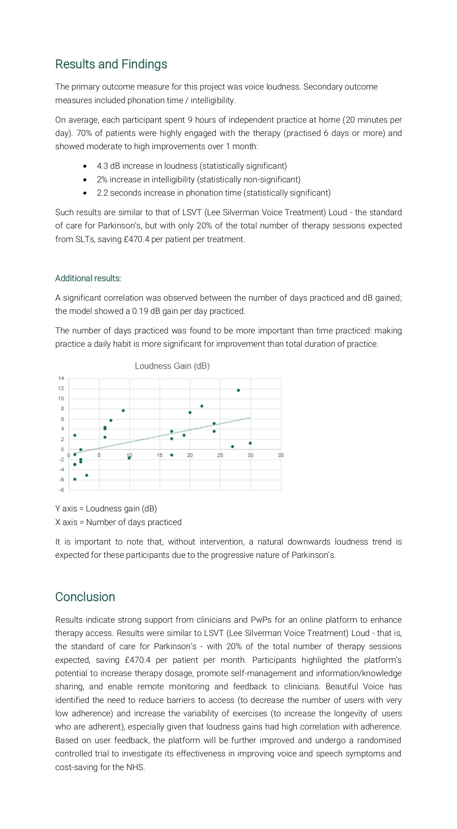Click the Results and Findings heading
point(111,64)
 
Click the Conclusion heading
point(85,597)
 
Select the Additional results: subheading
point(88,278)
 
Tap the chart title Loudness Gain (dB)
point(172,366)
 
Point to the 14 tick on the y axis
point(61,378)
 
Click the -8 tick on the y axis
point(61,490)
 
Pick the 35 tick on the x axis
point(281,455)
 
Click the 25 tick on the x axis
point(220,455)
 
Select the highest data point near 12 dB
point(238,390)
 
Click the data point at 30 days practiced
point(250,443)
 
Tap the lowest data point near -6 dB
point(75,479)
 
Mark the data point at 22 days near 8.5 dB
point(202,406)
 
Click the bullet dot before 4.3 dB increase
point(85,166)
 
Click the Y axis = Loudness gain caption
point(106,508)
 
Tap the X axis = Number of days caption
point(118,522)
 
